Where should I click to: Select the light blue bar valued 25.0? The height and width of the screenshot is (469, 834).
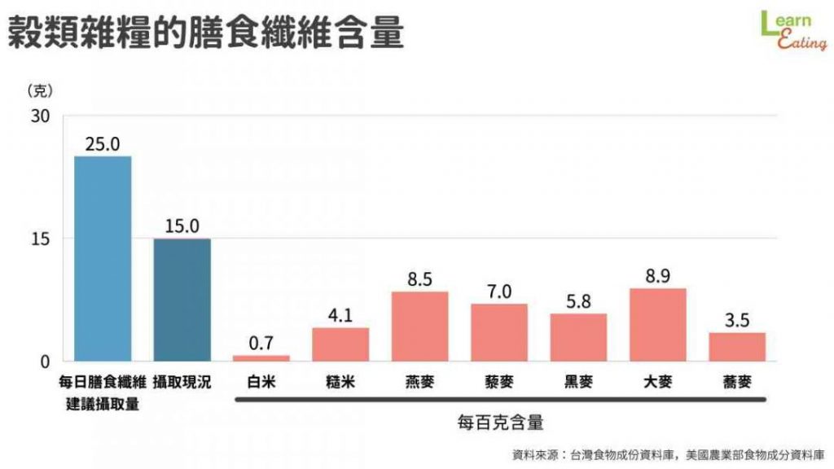click(x=103, y=258)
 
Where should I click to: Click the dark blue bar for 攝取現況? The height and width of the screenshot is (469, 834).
click(x=182, y=300)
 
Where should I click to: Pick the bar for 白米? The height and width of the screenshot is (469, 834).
click(x=261, y=357)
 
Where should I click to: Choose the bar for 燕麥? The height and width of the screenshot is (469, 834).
click(x=419, y=326)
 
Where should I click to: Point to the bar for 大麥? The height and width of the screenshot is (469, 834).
click(x=658, y=324)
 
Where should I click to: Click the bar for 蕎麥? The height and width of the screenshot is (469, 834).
click(x=737, y=346)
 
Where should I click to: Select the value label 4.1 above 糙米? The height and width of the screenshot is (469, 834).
click(x=340, y=315)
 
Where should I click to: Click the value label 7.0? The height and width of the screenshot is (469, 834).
click(x=499, y=291)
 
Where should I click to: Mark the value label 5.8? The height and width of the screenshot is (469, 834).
click(x=578, y=301)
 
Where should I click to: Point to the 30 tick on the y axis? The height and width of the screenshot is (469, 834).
click(x=40, y=116)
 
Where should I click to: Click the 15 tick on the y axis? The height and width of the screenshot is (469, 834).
click(x=41, y=239)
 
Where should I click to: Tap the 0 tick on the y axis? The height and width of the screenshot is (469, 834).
click(x=46, y=361)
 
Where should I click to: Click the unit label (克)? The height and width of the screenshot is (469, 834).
click(x=40, y=90)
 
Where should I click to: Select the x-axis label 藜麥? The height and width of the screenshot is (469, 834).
click(x=499, y=382)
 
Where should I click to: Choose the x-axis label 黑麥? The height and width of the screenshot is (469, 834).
click(x=578, y=382)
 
